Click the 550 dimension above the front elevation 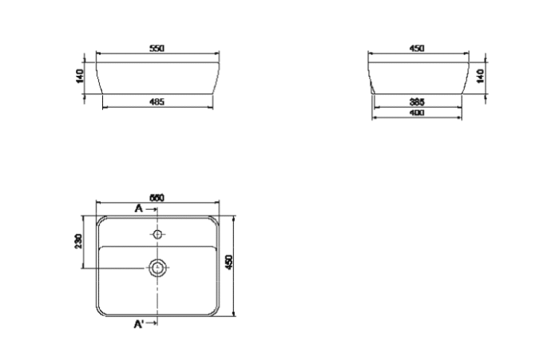[157, 49]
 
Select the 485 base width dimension [157, 101]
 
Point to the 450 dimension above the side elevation [416, 49]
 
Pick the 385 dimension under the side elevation [416, 101]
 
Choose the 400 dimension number [416, 113]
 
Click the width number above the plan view [157, 196]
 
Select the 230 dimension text [78, 241]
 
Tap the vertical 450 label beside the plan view [228, 262]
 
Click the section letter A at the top [139, 208]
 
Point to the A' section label [138, 323]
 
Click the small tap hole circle [158, 235]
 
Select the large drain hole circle [158, 267]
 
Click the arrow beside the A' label [152, 323]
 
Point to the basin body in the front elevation [157, 75]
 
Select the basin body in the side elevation [416, 75]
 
